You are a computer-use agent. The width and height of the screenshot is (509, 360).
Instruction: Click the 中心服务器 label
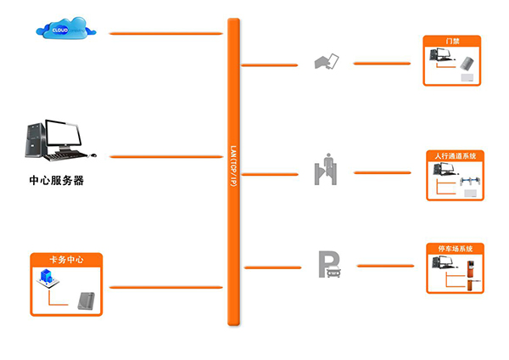(57, 181)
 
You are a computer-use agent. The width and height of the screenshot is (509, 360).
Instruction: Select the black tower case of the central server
(34, 141)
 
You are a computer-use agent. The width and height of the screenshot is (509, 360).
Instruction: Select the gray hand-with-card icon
(327, 61)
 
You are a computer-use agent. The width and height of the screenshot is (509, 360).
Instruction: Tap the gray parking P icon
(328, 264)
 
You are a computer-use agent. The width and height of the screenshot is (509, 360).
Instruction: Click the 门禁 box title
(452, 41)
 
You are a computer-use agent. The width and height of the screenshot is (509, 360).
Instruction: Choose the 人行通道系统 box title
(455, 156)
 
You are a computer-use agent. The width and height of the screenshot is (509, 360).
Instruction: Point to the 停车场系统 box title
(455, 249)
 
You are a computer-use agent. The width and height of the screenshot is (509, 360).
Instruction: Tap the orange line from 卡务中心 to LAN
(165, 287)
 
